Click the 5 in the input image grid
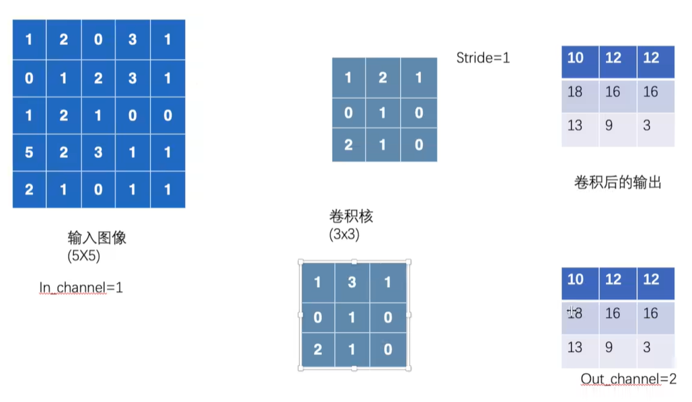click(29, 152)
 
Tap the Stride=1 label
click(483, 58)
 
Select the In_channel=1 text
click(81, 288)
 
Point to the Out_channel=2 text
click(628, 379)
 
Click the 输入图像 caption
click(97, 238)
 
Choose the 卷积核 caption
click(350, 216)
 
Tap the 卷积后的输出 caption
click(617, 182)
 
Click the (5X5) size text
click(83, 255)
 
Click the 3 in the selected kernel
click(352, 282)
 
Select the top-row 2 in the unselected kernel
click(383, 77)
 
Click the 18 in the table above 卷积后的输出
click(574, 91)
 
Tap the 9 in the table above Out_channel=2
click(609, 347)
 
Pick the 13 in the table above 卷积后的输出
click(574, 125)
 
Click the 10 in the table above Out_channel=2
click(575, 278)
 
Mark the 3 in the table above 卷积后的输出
click(646, 125)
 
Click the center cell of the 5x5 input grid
click(98, 115)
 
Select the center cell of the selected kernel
click(352, 316)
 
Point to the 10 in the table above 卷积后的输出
click(575, 58)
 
